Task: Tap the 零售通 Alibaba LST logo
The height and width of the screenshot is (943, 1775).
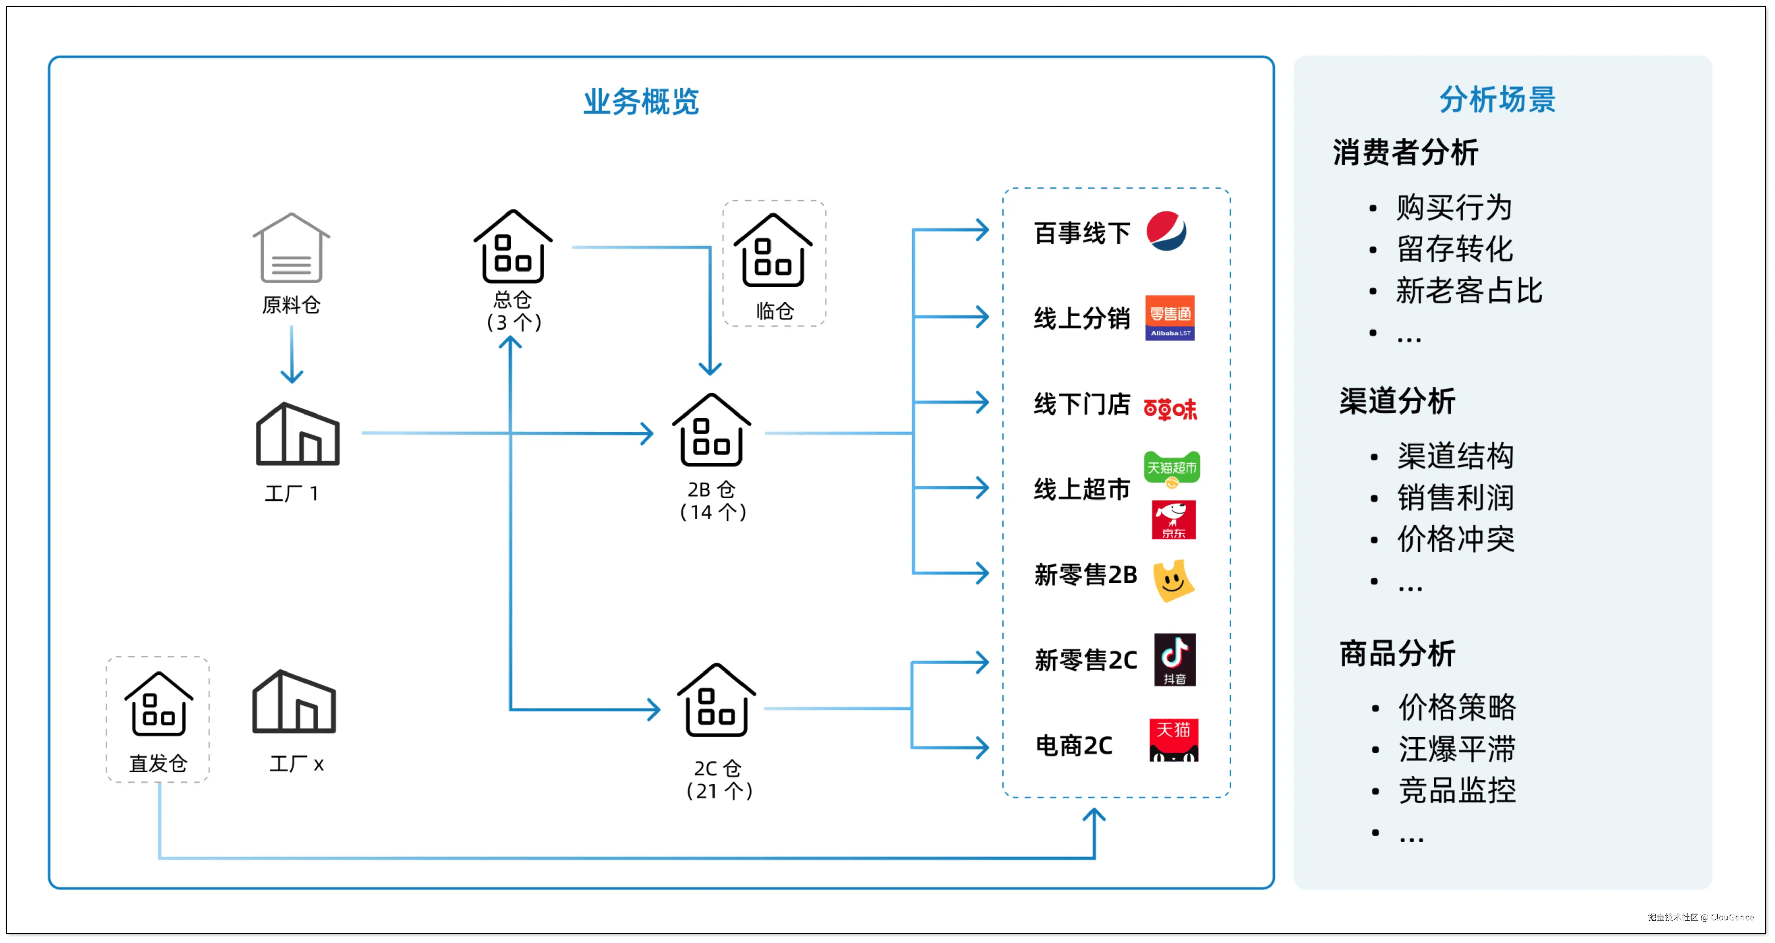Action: tap(1170, 318)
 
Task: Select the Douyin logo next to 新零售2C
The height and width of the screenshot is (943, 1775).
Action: tap(1175, 660)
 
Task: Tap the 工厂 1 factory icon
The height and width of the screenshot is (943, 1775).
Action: tap(298, 434)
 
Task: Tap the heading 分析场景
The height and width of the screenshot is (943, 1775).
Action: tap(1497, 99)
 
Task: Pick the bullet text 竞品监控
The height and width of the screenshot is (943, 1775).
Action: tap(1457, 790)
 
